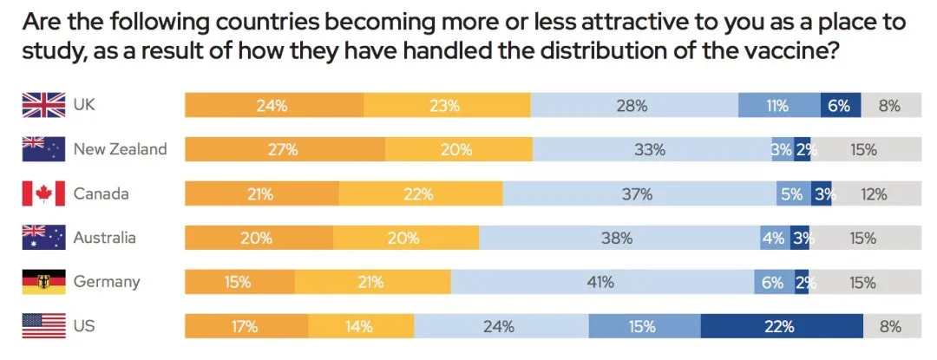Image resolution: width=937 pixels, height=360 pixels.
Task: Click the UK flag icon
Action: click(43, 106)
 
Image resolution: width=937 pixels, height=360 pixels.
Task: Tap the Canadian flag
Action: click(43, 194)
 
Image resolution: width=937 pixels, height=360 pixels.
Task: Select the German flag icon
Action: click(43, 282)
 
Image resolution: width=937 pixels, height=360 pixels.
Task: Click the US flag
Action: click(43, 327)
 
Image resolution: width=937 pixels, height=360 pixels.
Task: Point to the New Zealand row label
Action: click(120, 150)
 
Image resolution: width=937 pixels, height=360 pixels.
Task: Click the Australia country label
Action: click(105, 238)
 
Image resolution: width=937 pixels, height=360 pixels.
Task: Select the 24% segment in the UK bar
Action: click(273, 106)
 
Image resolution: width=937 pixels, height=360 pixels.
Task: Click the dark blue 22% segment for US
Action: click(781, 327)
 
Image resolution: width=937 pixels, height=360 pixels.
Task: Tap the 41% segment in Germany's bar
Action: click(601, 282)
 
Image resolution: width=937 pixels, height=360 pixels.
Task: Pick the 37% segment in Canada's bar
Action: click(639, 194)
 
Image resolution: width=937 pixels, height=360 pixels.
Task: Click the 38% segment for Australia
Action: click(619, 238)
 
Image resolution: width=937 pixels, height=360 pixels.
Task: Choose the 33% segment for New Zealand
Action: click(650, 150)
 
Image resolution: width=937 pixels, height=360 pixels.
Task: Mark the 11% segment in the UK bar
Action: click(778, 106)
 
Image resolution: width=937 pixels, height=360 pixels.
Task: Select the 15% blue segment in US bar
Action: click(644, 327)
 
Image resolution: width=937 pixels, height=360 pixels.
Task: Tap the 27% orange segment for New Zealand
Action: click(285, 150)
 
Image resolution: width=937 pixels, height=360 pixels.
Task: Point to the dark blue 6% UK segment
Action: click(840, 106)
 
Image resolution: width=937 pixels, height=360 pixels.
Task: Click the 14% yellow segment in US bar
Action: click(360, 327)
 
